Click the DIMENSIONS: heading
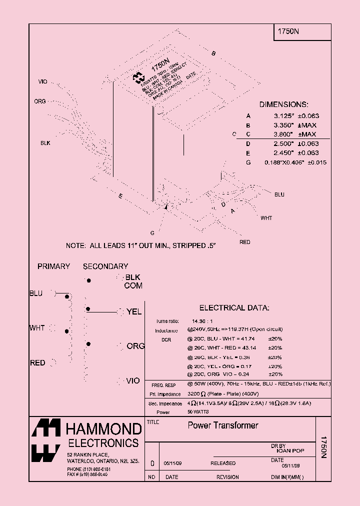283,104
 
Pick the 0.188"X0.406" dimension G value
284,162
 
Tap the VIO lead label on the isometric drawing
42,81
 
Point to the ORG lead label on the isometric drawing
40,101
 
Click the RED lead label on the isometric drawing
244,242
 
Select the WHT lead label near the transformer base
266,218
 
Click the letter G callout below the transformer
151,233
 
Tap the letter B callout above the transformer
213,53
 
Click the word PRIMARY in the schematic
53,266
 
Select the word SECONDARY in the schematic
105,266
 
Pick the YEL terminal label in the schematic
134,311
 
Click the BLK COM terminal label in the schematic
133,281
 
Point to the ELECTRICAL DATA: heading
234,308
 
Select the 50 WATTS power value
198,411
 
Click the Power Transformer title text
222,425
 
